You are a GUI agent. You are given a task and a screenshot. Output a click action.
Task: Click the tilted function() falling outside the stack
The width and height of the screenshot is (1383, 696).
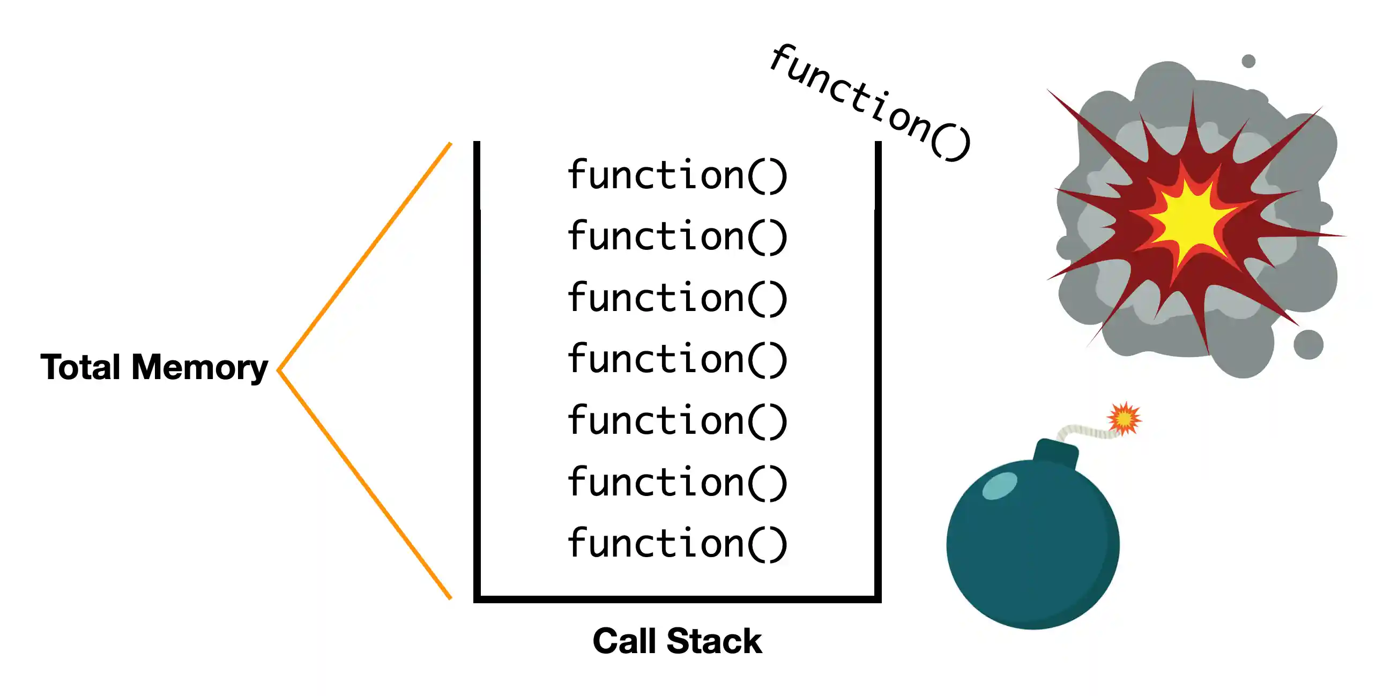[x=870, y=102]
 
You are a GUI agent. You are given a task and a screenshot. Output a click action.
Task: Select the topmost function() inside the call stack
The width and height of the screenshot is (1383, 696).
[x=678, y=175]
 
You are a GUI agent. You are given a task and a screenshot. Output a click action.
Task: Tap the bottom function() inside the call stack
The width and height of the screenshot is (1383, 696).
[x=678, y=544]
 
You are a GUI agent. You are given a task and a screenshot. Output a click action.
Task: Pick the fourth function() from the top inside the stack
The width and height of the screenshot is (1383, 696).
[x=678, y=359]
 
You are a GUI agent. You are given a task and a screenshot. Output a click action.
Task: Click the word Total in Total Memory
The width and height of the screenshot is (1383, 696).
[x=80, y=367]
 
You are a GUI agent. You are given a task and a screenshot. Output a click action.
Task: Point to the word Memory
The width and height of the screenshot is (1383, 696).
[x=200, y=368]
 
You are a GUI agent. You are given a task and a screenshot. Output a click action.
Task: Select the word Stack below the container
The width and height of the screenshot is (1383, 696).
[x=714, y=641]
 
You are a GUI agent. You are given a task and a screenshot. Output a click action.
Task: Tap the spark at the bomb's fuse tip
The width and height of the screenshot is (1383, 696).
[x=1124, y=418]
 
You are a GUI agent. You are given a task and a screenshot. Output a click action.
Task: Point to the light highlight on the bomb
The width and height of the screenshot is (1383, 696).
[x=1000, y=486]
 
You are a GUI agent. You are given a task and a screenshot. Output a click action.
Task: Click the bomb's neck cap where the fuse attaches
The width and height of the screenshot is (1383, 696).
[x=1055, y=454]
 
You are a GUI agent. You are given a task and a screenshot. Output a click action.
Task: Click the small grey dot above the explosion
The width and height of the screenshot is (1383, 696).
[x=1249, y=61]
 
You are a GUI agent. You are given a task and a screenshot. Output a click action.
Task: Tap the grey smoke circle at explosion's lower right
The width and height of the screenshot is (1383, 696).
[x=1308, y=345]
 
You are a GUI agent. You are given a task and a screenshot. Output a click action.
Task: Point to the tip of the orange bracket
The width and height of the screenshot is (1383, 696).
[x=279, y=369]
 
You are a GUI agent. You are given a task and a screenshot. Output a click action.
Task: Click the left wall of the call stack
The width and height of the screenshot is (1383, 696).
[x=477, y=371]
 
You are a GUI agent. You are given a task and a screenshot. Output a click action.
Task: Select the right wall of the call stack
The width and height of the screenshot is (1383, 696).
[x=879, y=371]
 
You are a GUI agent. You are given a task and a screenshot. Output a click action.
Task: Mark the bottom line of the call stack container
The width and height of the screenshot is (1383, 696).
[x=678, y=599]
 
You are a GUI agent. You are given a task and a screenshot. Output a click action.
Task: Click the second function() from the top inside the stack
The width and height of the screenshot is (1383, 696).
[x=678, y=236]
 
